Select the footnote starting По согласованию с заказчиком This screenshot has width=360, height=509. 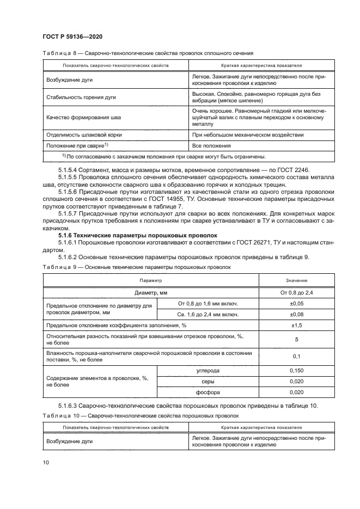click(x=163, y=157)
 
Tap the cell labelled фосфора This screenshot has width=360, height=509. click(x=208, y=393)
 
